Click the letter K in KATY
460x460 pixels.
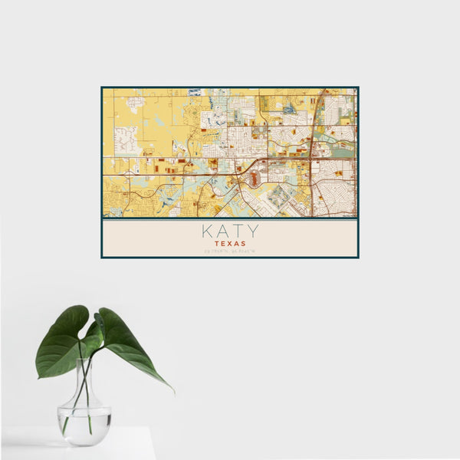point(208,231)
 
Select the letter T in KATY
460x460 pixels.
point(238,231)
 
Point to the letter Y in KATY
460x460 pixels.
point(252,231)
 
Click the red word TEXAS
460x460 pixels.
point(230,243)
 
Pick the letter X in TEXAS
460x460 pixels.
point(230,243)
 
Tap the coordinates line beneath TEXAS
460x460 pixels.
point(230,251)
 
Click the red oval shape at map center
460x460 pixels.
point(254,179)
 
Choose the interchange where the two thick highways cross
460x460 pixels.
point(310,159)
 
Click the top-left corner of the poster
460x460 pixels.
point(101,87)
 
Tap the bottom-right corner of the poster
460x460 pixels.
point(358,258)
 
